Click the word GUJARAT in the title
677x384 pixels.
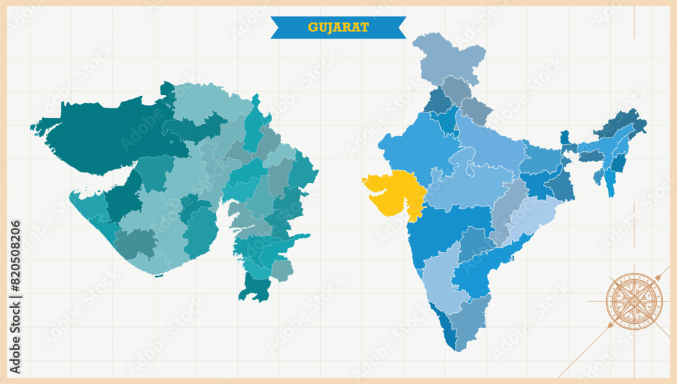(x=338, y=27)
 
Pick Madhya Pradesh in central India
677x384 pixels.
(x=467, y=183)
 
